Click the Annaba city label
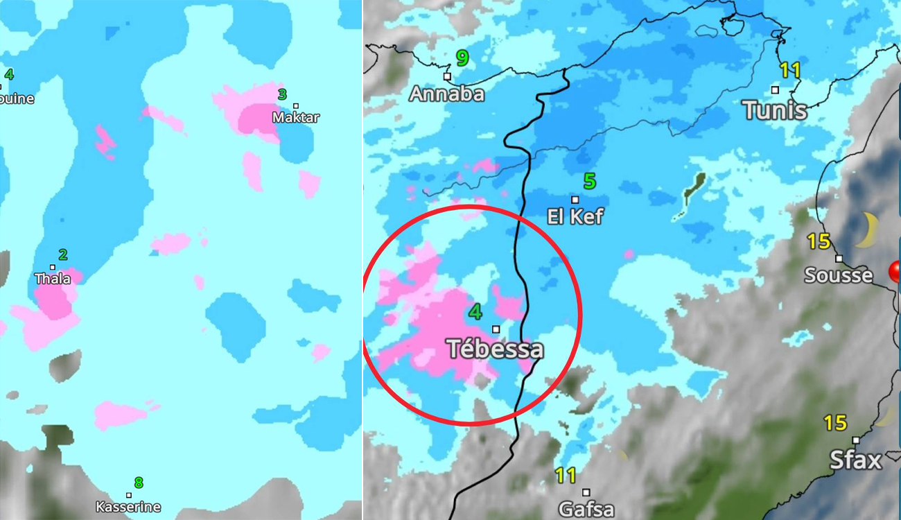click(446, 94)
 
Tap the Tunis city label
click(774, 110)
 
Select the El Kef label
click(575, 216)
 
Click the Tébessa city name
click(495, 348)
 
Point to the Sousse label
click(838, 275)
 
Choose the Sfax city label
click(855, 460)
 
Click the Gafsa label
click(586, 510)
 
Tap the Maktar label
click(296, 117)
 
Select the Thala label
click(53, 279)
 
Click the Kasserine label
click(128, 507)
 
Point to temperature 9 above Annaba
click(462, 58)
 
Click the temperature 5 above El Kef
click(589, 182)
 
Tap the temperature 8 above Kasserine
click(139, 483)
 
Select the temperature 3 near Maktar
click(282, 94)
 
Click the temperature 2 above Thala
click(63, 254)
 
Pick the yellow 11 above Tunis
click(790, 70)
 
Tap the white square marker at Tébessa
click(496, 329)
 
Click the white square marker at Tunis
click(775, 89)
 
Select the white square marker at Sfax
click(855, 440)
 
